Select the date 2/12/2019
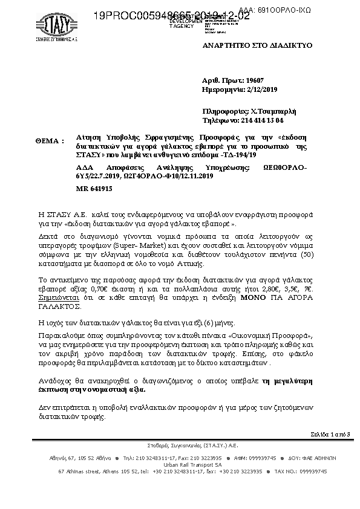260,89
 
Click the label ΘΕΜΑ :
50,140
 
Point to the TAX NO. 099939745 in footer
300,470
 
